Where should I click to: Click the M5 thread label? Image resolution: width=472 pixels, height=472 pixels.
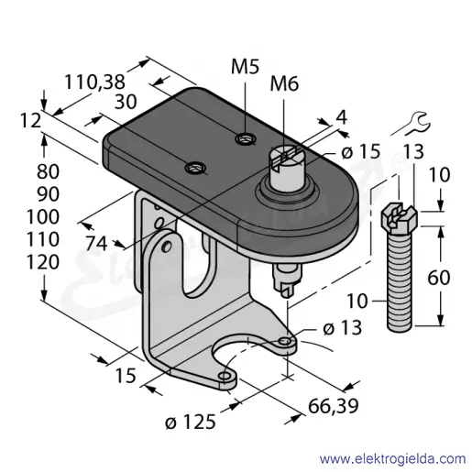pos(245,67)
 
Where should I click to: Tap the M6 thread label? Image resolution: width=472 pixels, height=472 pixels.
pos(284,83)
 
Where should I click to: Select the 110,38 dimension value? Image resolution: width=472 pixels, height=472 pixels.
pos(94,82)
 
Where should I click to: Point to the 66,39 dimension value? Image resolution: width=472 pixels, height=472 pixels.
pos(333,406)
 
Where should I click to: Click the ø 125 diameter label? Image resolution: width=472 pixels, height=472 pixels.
pos(191,423)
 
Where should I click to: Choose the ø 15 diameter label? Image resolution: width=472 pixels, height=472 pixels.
pos(361,151)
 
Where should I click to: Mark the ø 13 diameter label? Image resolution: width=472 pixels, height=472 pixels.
pos(343,328)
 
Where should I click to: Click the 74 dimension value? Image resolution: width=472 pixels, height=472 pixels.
pos(96,244)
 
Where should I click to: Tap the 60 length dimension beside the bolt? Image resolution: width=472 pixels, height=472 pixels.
pos(439,278)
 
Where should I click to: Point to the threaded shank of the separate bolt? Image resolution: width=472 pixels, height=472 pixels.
pos(400,281)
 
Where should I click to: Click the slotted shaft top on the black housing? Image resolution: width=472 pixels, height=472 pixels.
pos(285,157)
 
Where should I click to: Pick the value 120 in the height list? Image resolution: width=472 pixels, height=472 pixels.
pos(43,262)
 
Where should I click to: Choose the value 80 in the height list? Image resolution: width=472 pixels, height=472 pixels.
pos(48,171)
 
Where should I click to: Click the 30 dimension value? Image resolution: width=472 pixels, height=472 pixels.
pos(126,102)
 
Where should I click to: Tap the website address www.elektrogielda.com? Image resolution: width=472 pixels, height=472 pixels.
pos(392,459)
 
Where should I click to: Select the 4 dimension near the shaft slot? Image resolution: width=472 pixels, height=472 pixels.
pos(342,116)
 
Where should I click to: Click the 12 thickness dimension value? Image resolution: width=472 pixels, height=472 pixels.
pos(30,120)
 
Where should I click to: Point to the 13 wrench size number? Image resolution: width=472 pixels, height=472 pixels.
pos(413,151)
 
